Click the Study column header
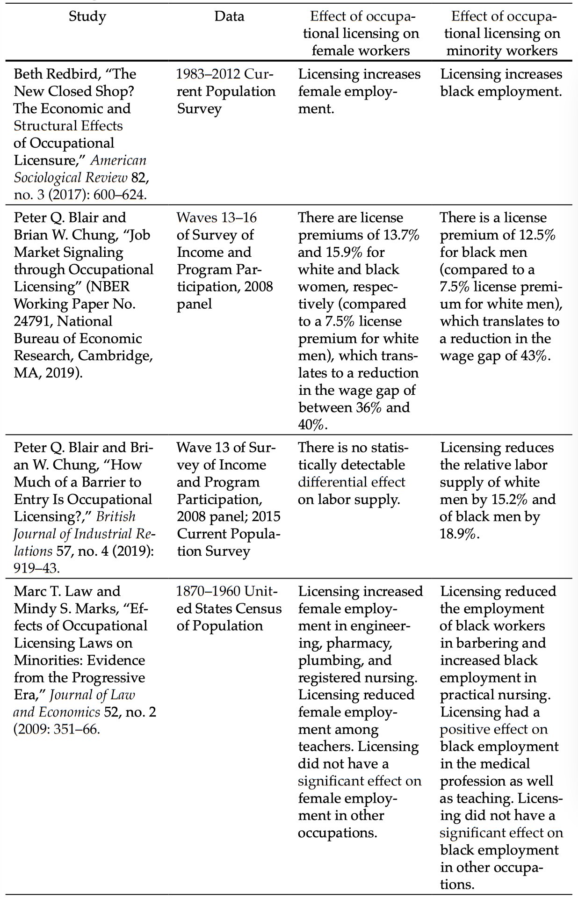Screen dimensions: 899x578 click(87, 16)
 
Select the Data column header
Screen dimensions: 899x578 click(229, 16)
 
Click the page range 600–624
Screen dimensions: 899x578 click(120, 195)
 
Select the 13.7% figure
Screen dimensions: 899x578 click(402, 235)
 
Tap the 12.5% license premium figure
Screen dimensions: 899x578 click(537, 235)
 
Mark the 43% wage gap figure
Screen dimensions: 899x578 click(533, 356)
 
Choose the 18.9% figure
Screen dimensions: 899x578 click(459, 534)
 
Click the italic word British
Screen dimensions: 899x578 click(116, 517)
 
